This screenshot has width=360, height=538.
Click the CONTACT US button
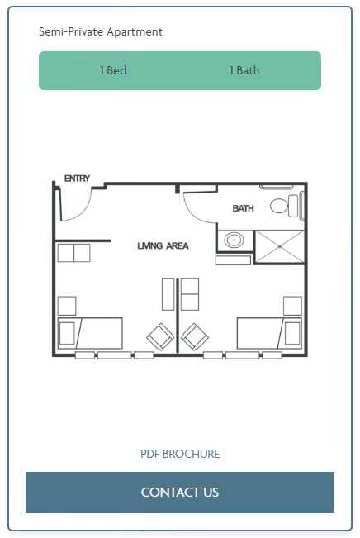pyautogui.click(x=180, y=493)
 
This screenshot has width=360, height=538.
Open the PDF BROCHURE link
pyautogui.click(x=180, y=454)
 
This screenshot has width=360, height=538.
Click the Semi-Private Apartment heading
pyautogui.click(x=101, y=32)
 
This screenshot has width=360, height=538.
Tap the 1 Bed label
pyautogui.click(x=113, y=70)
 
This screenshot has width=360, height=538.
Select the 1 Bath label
pyautogui.click(x=244, y=70)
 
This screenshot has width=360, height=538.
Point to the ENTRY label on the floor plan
pyautogui.click(x=77, y=179)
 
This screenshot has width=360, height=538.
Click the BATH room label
pyautogui.click(x=243, y=208)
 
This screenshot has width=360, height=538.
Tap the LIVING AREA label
pyautogui.click(x=163, y=245)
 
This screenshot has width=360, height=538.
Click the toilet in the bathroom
pyautogui.click(x=284, y=206)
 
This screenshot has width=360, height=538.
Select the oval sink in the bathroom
pyautogui.click(x=234, y=240)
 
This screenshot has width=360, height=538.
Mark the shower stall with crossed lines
pyautogui.click(x=280, y=247)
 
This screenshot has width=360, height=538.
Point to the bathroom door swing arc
pyautogui.click(x=195, y=213)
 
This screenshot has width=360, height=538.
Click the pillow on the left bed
pyautogui.click(x=67, y=333)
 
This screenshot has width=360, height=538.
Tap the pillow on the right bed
pyautogui.click(x=292, y=333)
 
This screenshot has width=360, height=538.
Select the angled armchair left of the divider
pyautogui.click(x=160, y=336)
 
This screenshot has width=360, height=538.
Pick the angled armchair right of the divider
pyautogui.click(x=195, y=336)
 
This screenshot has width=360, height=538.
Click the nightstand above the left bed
pyautogui.click(x=67, y=306)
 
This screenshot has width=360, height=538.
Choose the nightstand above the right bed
pyautogui.click(x=292, y=306)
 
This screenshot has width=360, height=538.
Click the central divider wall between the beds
pyautogui.click(x=178, y=316)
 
